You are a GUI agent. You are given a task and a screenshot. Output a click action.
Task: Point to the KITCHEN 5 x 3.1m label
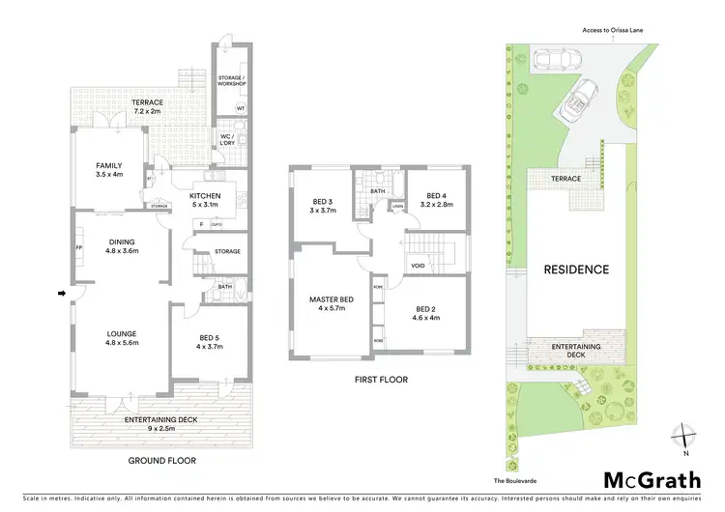pos(206,198)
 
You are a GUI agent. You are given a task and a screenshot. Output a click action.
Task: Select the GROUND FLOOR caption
pos(161,461)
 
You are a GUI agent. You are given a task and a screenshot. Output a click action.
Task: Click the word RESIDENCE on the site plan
pos(575,270)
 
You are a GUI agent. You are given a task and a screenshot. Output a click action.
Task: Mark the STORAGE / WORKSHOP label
pos(231,79)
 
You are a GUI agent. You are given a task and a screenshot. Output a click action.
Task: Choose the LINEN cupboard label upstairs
pos(396,205)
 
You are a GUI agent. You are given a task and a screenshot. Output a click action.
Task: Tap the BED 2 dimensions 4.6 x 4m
pos(426,318)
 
